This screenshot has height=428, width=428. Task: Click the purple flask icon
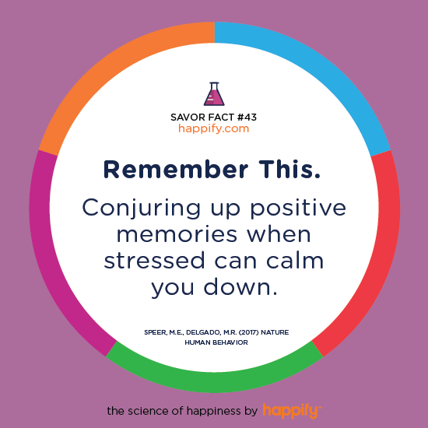[x=214, y=94]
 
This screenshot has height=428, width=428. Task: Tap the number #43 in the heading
[x=247, y=118]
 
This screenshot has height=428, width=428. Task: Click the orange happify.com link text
[x=214, y=128]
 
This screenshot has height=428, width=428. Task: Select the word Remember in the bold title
[x=176, y=170]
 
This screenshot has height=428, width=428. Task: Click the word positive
[x=298, y=209]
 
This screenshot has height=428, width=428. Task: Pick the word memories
[x=177, y=234]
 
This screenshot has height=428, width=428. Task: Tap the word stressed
[x=154, y=261]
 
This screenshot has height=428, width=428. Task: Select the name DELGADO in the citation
[x=203, y=332]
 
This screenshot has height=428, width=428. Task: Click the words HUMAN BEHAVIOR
[x=216, y=342]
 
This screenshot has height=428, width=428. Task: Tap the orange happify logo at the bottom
[x=292, y=411]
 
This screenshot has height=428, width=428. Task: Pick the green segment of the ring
[x=215, y=381]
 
